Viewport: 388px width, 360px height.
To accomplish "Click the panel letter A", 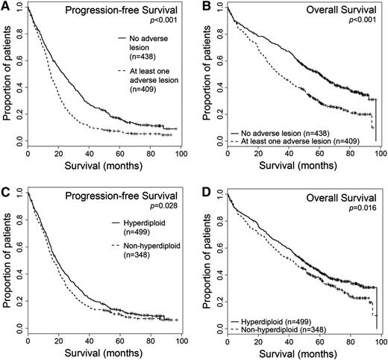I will [6, 7].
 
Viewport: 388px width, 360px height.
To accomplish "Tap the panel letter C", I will [6, 190].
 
